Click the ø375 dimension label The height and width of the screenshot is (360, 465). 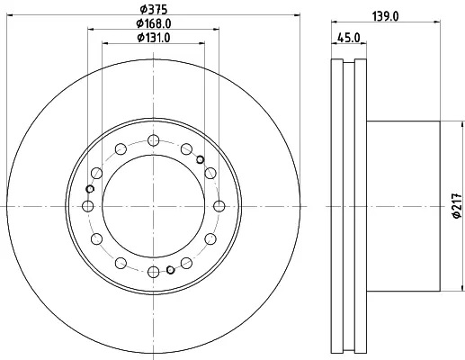154,9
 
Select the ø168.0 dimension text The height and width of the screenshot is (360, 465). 154,23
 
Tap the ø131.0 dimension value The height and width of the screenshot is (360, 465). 154,38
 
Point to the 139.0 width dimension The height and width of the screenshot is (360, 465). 386,16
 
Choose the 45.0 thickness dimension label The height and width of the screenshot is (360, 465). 349,38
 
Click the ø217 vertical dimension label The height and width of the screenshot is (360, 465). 457,206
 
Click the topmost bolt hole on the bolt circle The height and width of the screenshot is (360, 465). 154,140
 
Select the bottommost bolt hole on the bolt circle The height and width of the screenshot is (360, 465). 154,273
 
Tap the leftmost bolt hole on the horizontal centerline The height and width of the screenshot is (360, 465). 87,206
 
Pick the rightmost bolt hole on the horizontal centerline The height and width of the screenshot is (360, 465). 219,206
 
